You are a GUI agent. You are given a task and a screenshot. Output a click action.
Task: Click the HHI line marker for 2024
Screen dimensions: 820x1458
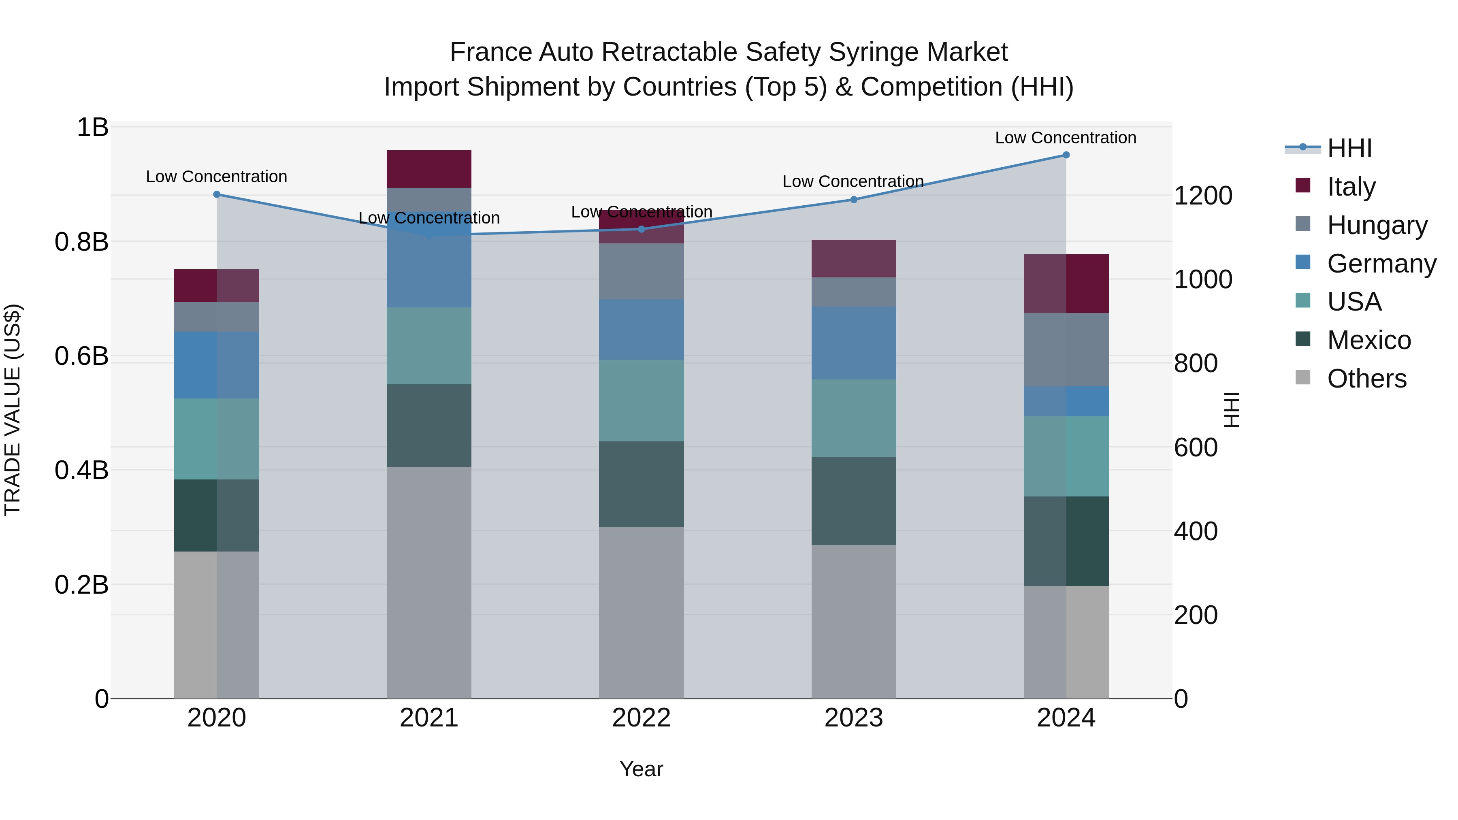(1066, 155)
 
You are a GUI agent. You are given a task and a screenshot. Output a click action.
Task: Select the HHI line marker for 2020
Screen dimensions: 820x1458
(217, 194)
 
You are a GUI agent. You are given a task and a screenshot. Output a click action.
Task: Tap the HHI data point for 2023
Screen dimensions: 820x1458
(853, 199)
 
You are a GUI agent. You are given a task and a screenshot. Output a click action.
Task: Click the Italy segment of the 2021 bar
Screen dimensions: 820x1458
(429, 168)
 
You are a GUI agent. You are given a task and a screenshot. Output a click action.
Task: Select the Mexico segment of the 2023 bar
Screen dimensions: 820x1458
(853, 501)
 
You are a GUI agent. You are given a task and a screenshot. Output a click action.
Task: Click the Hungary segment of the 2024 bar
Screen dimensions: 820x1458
(1066, 350)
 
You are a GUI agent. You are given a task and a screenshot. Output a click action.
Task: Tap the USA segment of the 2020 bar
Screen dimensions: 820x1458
(217, 439)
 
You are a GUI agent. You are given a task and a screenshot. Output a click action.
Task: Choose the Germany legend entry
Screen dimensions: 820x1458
(1381, 264)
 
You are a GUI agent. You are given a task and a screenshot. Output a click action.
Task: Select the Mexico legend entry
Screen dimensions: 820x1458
(1368, 340)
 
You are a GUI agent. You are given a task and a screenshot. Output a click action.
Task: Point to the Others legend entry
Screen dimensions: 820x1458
(1366, 379)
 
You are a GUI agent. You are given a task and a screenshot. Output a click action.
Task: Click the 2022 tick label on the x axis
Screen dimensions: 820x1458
(641, 718)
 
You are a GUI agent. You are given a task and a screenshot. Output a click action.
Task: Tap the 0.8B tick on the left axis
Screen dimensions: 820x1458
(81, 242)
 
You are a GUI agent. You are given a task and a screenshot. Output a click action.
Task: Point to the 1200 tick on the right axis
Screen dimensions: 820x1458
(1203, 196)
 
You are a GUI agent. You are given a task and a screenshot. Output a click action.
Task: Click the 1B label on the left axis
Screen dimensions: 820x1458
(92, 127)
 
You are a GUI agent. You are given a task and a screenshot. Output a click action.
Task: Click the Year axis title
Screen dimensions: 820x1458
(641, 769)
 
